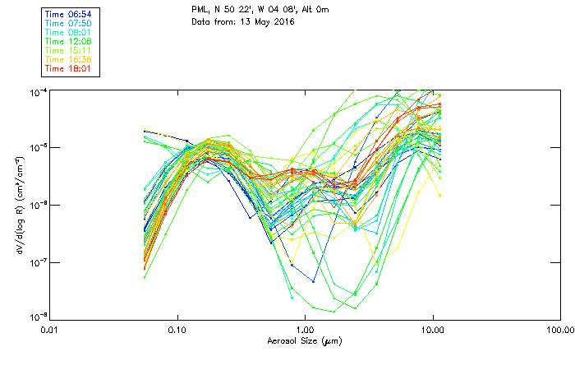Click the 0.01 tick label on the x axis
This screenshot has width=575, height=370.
(x=49, y=331)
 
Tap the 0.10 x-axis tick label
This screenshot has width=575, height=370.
(x=177, y=331)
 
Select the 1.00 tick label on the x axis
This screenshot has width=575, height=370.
(x=305, y=331)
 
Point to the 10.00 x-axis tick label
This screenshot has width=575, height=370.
(x=432, y=331)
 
